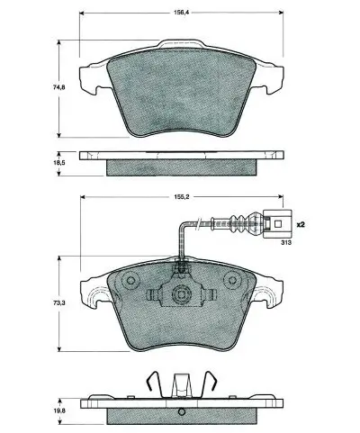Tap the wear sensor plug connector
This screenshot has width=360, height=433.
(277, 219)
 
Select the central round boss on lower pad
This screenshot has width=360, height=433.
(182, 294)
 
